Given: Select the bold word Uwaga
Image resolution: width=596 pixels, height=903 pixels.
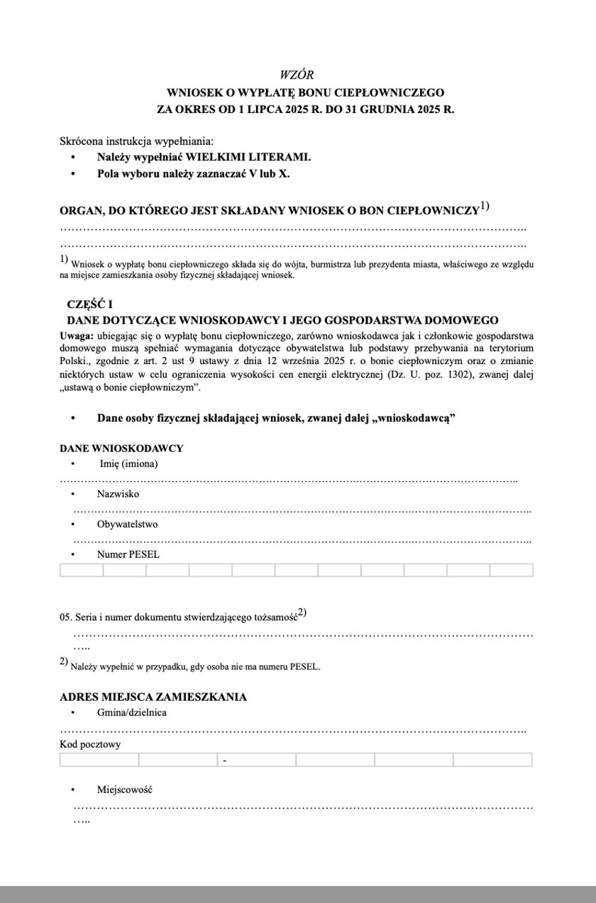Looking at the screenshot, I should (x=75, y=335).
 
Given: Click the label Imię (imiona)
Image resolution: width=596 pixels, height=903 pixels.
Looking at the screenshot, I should (x=128, y=464).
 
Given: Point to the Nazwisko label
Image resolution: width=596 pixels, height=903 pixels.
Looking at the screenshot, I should (x=118, y=493).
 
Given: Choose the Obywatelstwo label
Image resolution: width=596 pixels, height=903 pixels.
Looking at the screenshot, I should (x=127, y=524).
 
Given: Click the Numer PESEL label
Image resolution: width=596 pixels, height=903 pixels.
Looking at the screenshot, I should (x=128, y=554).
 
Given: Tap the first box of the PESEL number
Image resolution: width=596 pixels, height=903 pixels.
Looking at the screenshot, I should (x=82, y=569).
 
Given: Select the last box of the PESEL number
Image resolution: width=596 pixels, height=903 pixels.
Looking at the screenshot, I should (x=511, y=569).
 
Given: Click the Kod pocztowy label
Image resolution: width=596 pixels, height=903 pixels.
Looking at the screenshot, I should (x=90, y=744).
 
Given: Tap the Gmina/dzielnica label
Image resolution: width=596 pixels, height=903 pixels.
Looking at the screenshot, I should (x=132, y=712).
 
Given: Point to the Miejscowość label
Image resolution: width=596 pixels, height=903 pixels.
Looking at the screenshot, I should (x=124, y=789).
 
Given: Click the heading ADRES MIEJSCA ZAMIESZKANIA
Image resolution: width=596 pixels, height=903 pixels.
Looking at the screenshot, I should (x=154, y=696).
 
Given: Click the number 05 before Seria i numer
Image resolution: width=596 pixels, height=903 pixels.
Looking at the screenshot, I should (x=66, y=618).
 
